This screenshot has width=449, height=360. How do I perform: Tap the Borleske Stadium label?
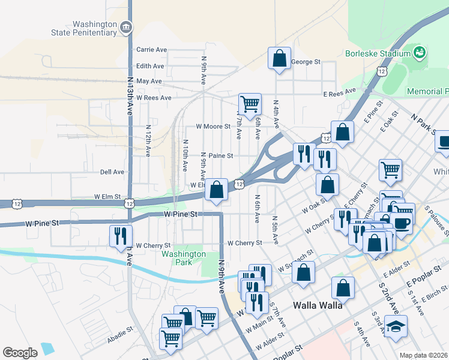tap(376, 53)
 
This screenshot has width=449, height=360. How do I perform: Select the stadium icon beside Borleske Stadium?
tap(420, 52)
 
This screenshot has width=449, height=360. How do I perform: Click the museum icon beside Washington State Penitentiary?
tap(125, 27)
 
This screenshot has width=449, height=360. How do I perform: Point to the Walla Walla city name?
tap(318, 305)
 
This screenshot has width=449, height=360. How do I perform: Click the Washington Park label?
tap(184, 258)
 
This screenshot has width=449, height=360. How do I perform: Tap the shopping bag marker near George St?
tap(280, 59)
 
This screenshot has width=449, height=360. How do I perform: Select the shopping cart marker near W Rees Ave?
tap(249, 103)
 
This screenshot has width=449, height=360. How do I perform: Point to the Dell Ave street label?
tap(112, 172)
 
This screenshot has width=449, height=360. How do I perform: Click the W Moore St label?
tap(213, 127)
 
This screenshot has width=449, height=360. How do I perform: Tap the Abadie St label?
tap(121, 331)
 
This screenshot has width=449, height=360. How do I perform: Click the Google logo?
tap(20, 353)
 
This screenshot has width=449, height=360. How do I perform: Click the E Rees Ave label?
tap(340, 94)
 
